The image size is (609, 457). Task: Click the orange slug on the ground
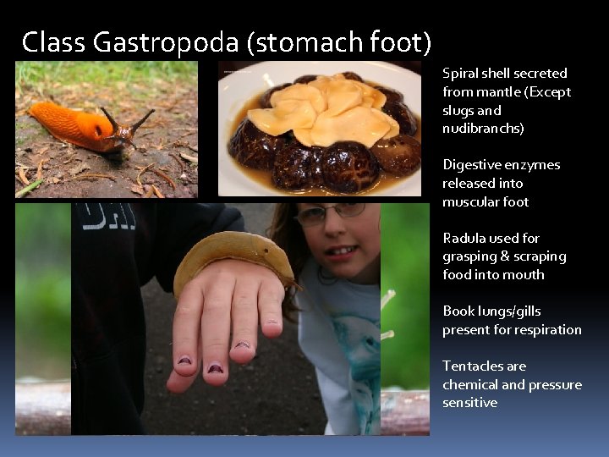pyautogui.click(x=80, y=124)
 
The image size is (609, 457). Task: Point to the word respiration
pyautogui.click(x=547, y=329)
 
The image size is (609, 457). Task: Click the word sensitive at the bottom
pyautogui.click(x=469, y=403)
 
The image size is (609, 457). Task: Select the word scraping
pyautogui.click(x=539, y=256)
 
